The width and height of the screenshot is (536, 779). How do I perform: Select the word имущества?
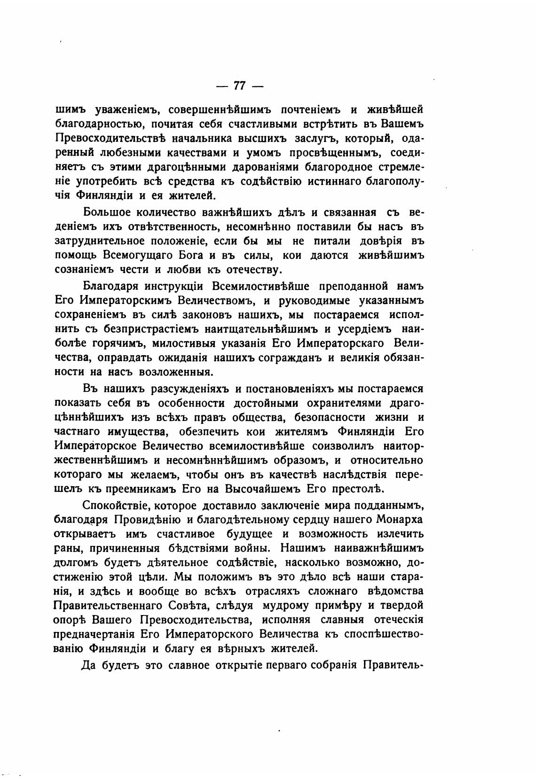tap(132, 431)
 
